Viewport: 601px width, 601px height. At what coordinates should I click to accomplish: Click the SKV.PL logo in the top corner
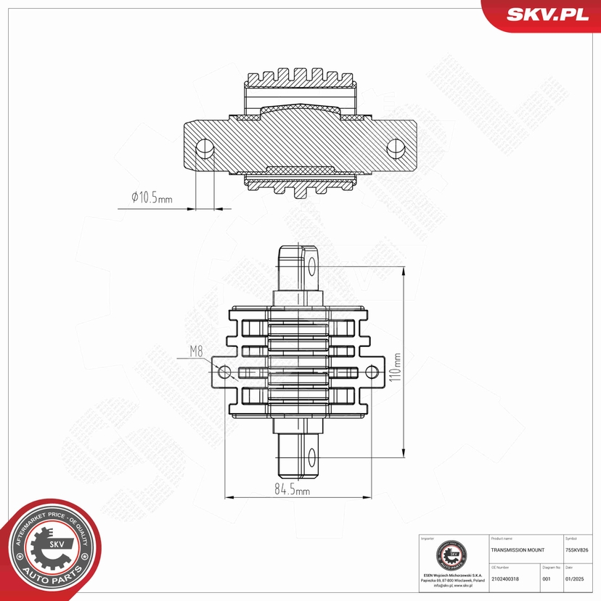[547, 14]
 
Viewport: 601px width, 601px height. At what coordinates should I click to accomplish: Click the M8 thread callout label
[196, 352]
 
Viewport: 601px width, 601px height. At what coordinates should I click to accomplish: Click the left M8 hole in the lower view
[225, 372]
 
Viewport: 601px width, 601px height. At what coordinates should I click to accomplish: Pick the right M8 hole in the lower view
[372, 372]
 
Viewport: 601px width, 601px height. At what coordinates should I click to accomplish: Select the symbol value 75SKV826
[578, 551]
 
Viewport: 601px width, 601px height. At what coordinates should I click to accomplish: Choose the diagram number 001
[547, 578]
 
